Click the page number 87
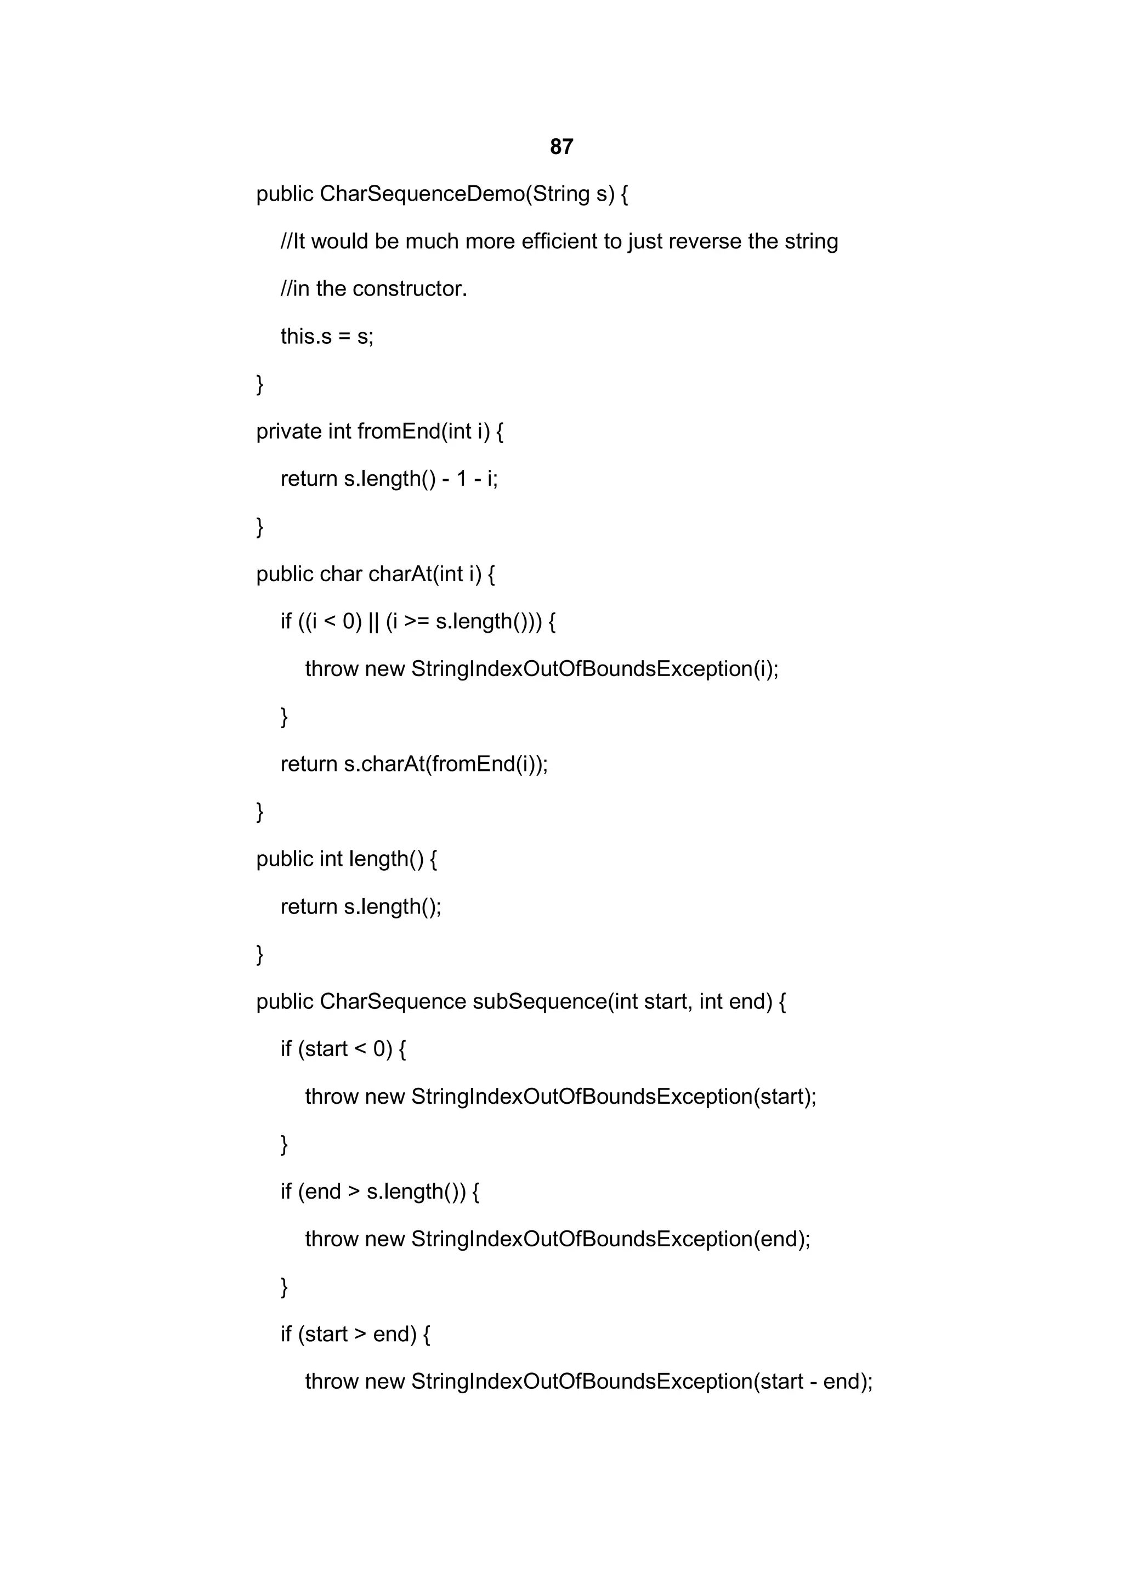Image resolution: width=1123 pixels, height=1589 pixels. pyautogui.click(x=561, y=147)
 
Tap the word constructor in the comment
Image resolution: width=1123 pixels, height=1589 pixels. pyautogui.click(x=410, y=288)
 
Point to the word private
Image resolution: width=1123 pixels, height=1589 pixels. pyautogui.click(x=288, y=432)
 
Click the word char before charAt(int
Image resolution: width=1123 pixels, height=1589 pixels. pyautogui.click(x=341, y=575)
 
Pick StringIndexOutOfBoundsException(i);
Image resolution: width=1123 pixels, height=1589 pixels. pyautogui.click(x=594, y=669)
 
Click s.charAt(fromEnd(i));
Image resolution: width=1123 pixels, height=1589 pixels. pyautogui.click(x=446, y=764)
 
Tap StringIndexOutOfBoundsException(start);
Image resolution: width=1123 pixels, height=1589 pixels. pyautogui.click(x=614, y=1097)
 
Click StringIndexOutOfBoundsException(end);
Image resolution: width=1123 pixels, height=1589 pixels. pyautogui.click(x=610, y=1240)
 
